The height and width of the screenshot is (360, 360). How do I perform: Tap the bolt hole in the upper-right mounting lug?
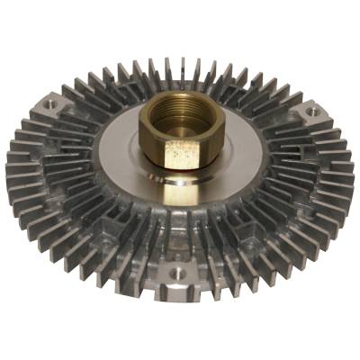click(x=310, y=112)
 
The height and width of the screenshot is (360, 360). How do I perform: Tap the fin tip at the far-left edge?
click(x=8, y=171)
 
